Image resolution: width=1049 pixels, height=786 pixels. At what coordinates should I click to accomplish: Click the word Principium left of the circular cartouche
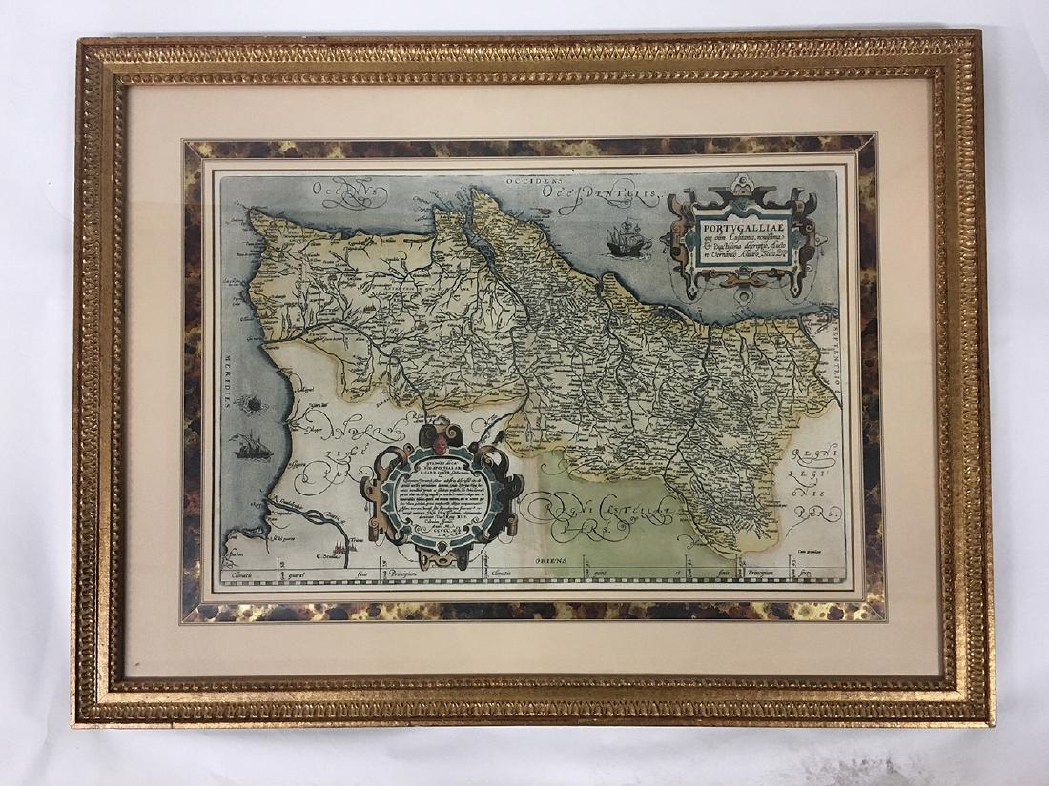tap(408, 574)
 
